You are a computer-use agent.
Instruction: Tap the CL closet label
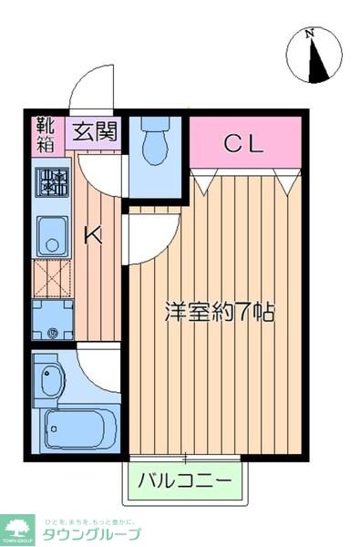[244, 142]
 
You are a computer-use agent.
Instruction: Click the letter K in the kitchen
[93, 236]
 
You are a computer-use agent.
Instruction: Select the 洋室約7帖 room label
[220, 312]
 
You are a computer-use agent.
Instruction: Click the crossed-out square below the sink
[52, 277]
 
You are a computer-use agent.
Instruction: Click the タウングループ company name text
[92, 532]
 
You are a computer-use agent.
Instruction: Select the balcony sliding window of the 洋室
[187, 456]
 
